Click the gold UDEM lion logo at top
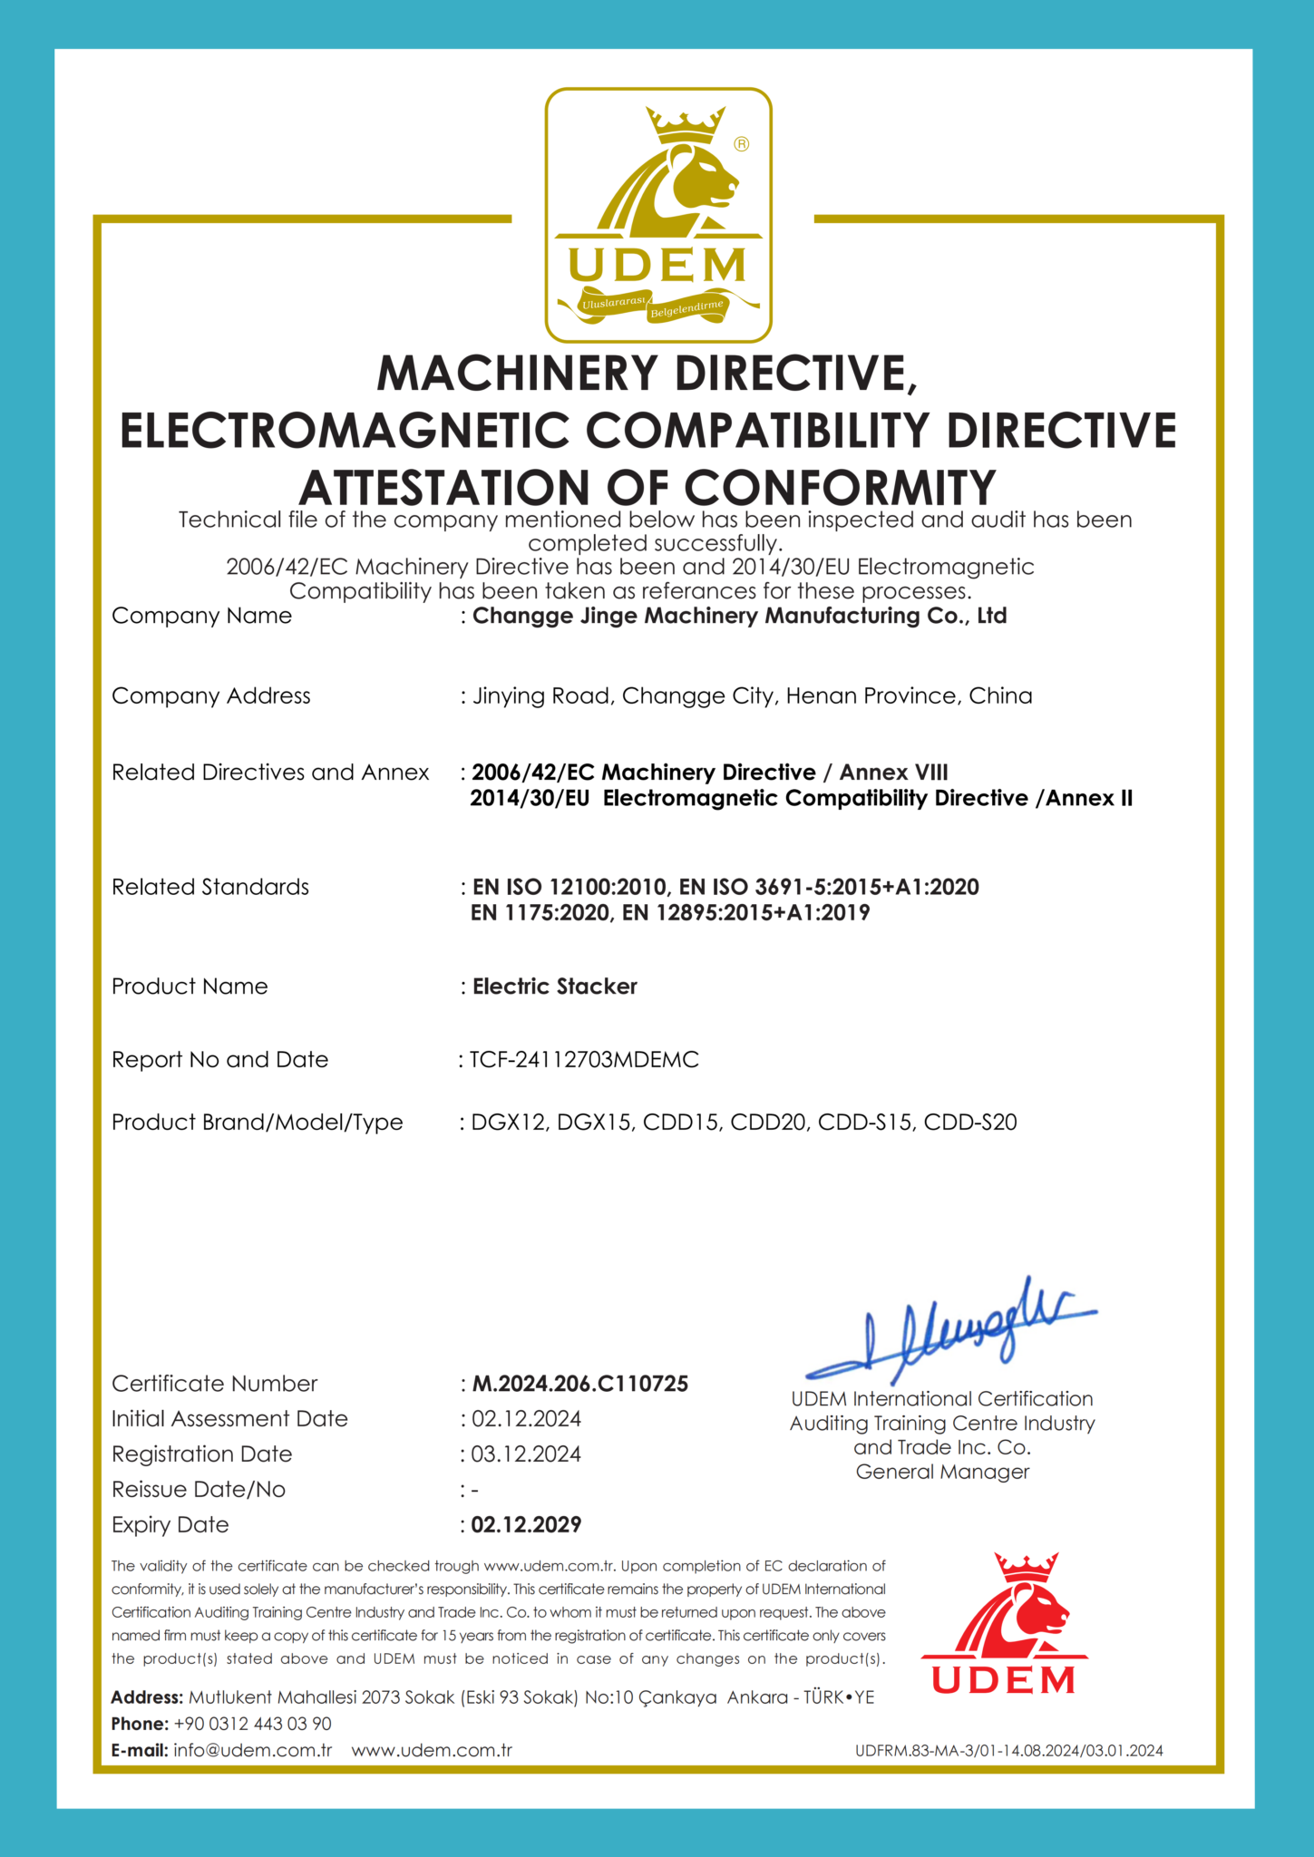(x=657, y=215)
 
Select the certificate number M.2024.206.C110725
(x=580, y=1384)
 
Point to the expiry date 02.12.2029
(x=526, y=1524)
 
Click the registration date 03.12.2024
(x=526, y=1454)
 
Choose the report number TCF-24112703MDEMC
(x=584, y=1060)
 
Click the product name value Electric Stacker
(x=555, y=987)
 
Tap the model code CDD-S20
(x=970, y=1123)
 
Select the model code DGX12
(x=509, y=1123)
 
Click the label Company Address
(x=210, y=695)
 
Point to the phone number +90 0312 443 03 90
(x=252, y=1724)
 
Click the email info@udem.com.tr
(x=252, y=1750)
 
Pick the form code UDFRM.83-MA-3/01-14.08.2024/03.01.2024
(x=1008, y=1751)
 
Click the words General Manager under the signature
(x=942, y=1472)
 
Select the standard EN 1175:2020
(x=540, y=913)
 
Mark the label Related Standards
(x=210, y=887)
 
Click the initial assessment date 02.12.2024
(x=526, y=1419)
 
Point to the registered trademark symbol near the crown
(x=742, y=144)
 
